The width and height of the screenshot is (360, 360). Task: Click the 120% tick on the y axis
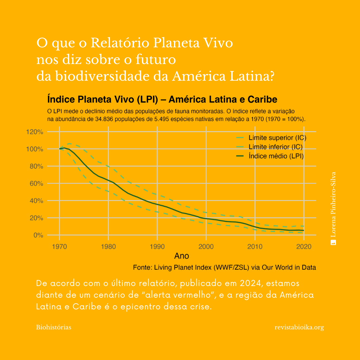coord(35,132)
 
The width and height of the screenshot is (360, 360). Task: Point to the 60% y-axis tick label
coord(36,183)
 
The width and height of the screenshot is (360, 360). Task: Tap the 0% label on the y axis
coord(38,235)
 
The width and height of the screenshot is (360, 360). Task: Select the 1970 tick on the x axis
coord(59,247)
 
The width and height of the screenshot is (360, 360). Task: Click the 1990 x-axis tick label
coord(157,247)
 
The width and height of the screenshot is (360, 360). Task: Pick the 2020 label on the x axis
coord(304,247)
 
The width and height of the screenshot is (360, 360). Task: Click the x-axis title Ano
coord(182,256)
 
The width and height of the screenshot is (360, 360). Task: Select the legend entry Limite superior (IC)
coord(277,138)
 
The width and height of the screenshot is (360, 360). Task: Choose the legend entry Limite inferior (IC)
coord(275,147)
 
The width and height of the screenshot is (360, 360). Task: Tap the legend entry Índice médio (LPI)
coord(276,156)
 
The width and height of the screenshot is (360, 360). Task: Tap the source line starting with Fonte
coord(224,267)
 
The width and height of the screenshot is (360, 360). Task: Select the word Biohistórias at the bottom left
coord(53,327)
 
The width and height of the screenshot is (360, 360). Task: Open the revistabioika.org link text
coord(299,327)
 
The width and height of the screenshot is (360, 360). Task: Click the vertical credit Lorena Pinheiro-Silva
coord(333,205)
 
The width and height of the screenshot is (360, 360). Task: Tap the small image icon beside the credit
coord(333,242)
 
